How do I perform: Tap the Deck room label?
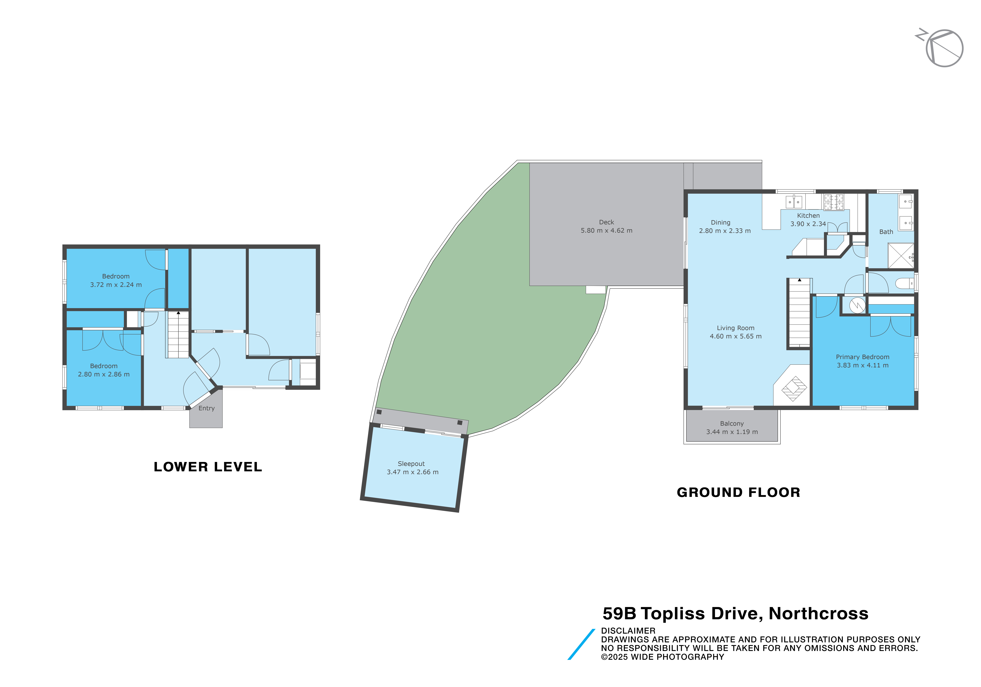[606, 222]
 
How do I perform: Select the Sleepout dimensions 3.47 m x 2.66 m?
[413, 472]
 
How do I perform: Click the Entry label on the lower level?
[206, 408]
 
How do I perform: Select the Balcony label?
[732, 424]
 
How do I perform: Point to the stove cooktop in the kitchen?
[834, 202]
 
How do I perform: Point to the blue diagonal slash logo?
[581, 644]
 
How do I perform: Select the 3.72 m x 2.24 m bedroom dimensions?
[116, 285]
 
